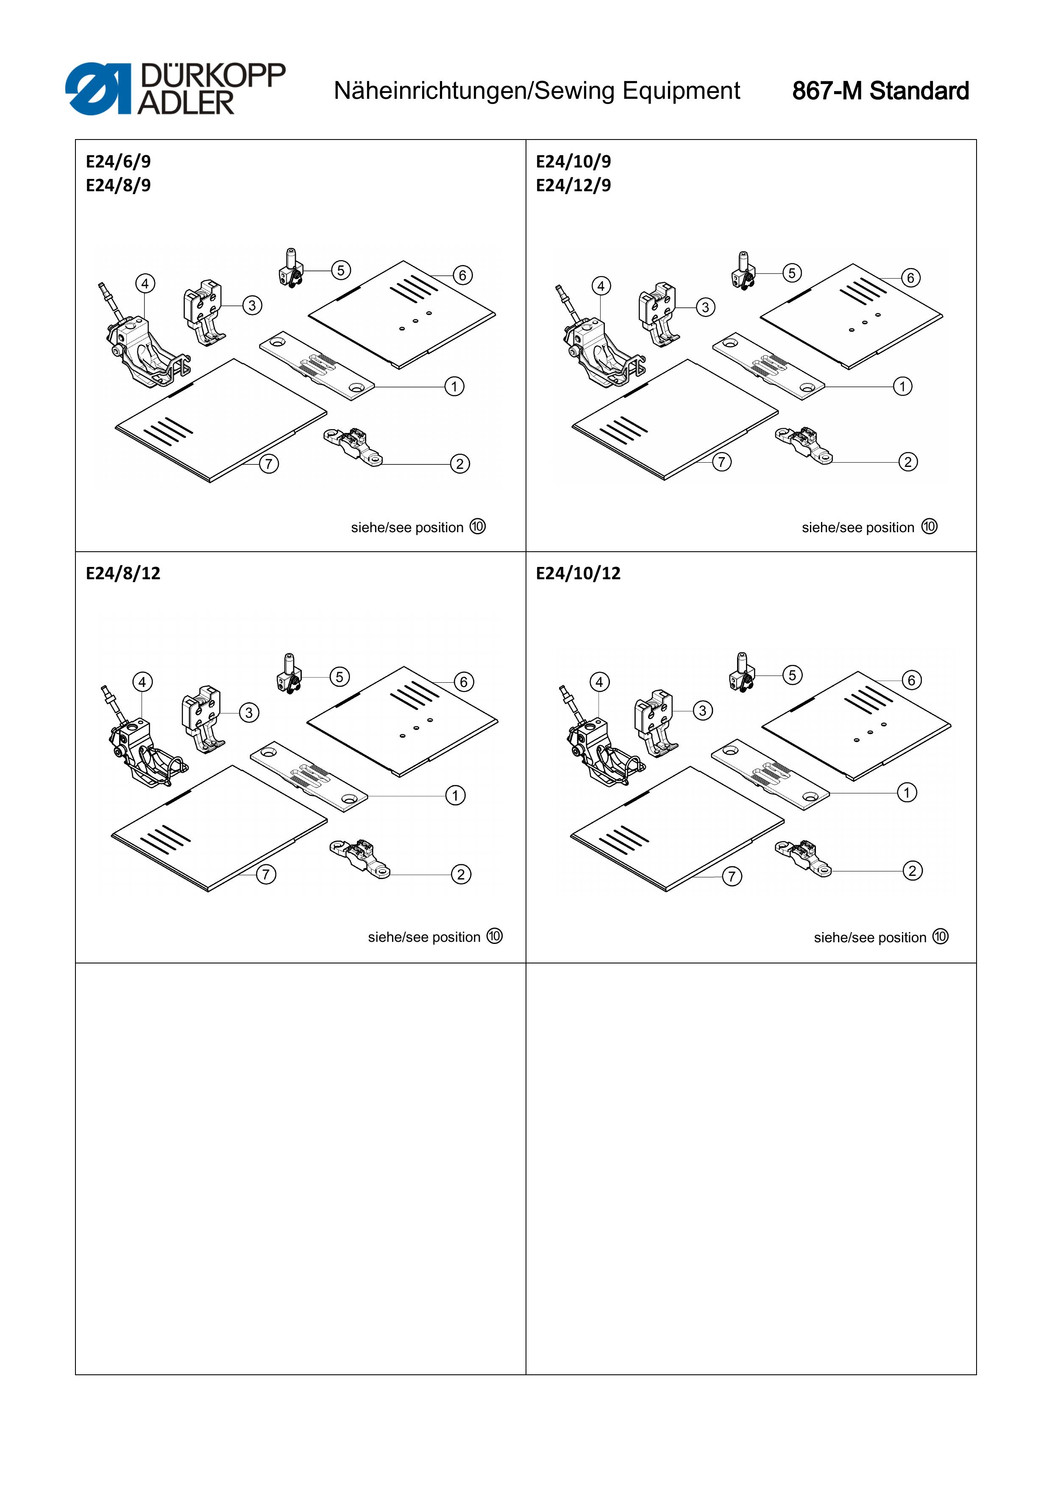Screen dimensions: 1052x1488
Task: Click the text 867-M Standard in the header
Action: coord(880,91)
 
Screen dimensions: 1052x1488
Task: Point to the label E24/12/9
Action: coord(573,185)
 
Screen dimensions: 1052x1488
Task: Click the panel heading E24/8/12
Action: coord(123,573)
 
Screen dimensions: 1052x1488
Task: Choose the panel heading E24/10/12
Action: coord(578,573)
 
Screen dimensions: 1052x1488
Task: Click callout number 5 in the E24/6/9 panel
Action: coord(341,270)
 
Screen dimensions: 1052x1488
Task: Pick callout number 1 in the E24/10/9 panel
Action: coord(902,386)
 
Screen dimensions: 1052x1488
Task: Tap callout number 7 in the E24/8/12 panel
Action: coord(266,874)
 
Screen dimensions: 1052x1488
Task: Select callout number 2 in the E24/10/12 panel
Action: coord(912,871)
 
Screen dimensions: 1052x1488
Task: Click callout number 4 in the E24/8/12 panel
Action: coord(142,682)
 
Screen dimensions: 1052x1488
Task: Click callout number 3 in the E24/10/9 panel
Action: coord(705,307)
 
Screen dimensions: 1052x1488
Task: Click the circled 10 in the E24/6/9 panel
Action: coord(477,526)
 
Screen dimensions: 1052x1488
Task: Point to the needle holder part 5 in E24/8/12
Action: coord(289,674)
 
